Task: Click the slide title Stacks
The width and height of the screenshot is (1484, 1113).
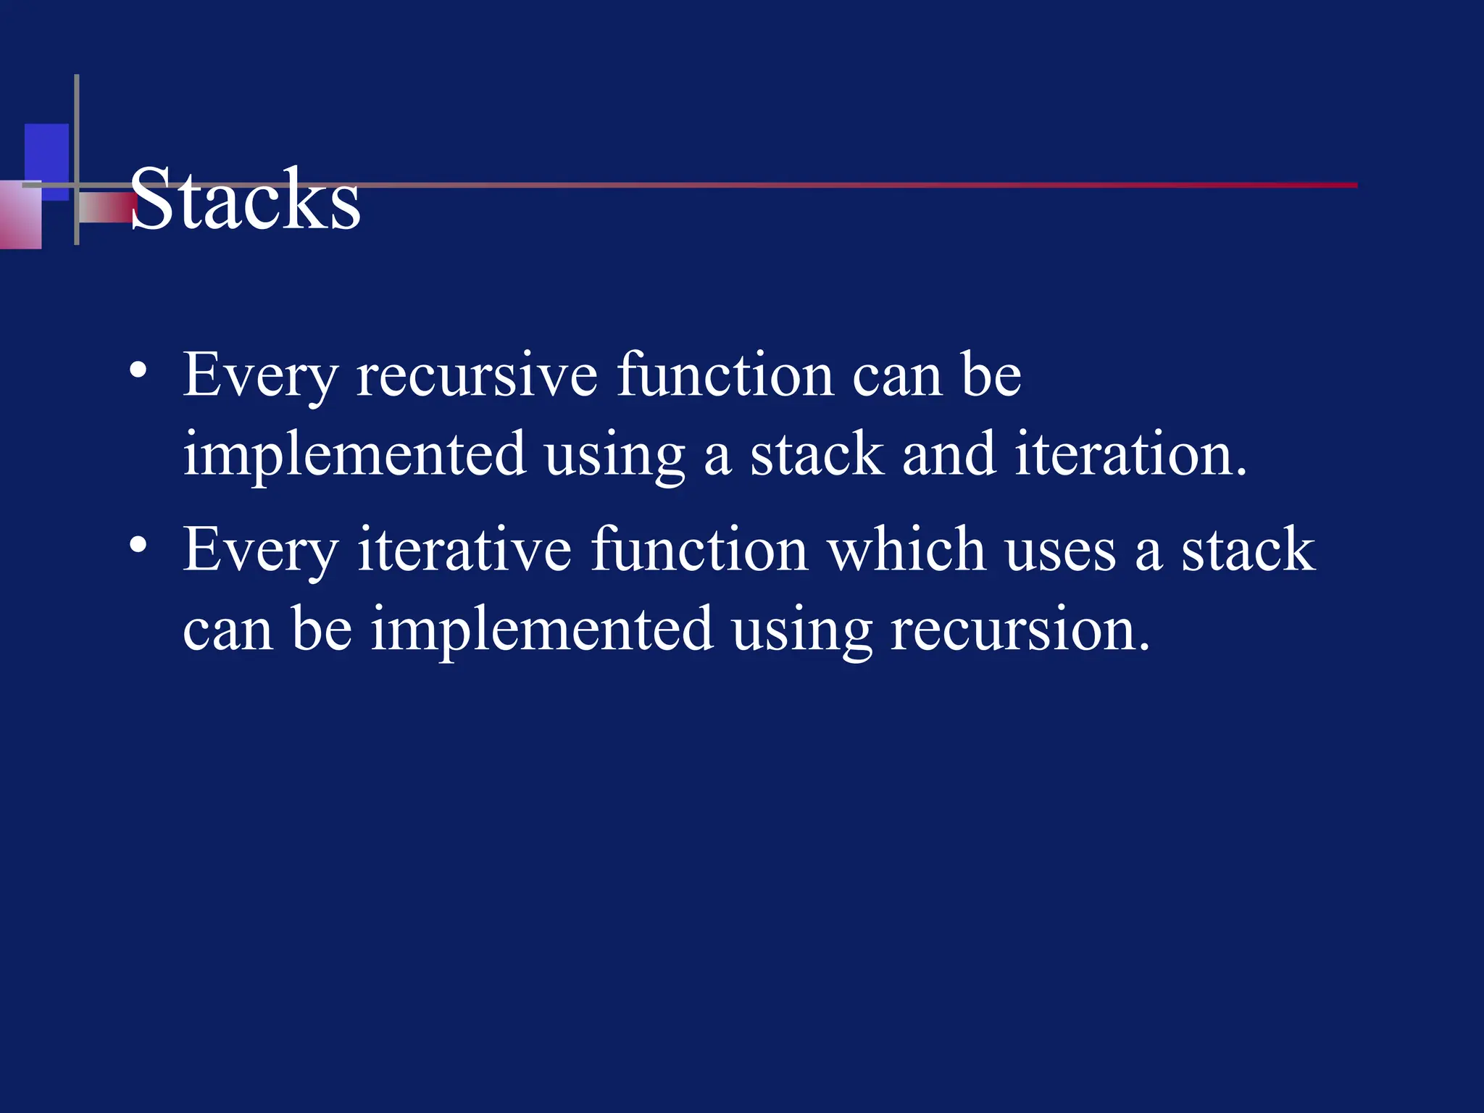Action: (x=245, y=199)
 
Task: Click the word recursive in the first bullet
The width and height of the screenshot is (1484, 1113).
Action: (x=477, y=375)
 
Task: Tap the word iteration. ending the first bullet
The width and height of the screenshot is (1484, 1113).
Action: (x=1130, y=454)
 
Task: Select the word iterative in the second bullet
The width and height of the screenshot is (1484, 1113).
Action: (x=464, y=550)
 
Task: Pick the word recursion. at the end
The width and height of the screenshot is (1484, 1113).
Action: (x=1020, y=629)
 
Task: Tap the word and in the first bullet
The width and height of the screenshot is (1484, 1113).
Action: (x=949, y=454)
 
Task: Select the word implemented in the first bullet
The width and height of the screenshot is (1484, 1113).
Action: (x=354, y=455)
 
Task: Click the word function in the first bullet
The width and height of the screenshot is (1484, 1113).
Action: (x=725, y=375)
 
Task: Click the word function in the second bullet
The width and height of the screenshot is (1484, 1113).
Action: (x=699, y=550)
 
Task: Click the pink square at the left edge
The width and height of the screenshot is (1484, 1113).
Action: (x=20, y=215)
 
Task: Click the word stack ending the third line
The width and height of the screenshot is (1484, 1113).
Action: (x=1248, y=550)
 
